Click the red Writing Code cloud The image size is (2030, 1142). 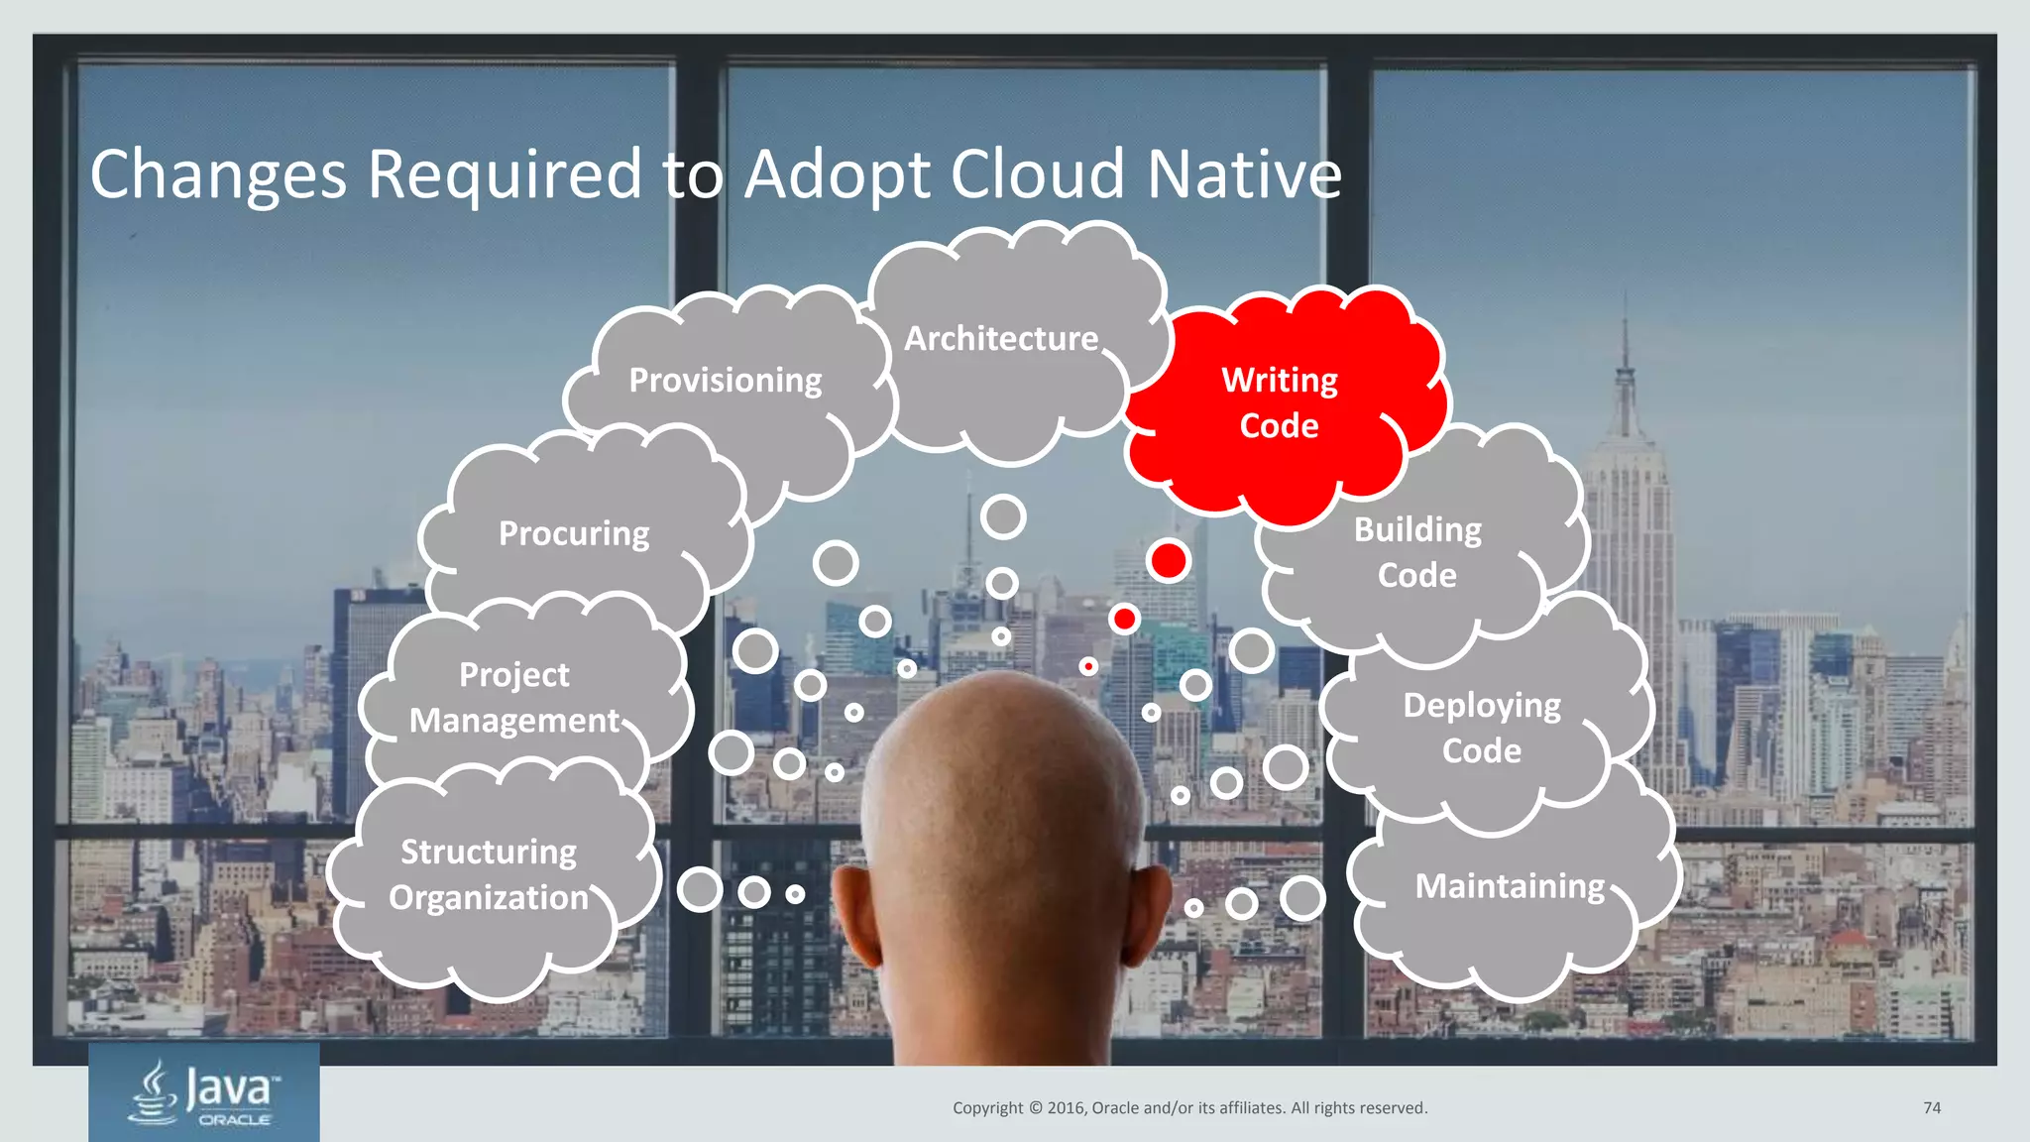(x=1279, y=403)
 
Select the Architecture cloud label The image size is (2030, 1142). (x=1001, y=339)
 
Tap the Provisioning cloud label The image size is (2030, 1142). (x=726, y=381)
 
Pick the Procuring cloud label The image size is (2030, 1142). (x=574, y=534)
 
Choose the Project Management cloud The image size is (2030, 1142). (x=514, y=698)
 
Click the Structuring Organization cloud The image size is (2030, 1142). (x=489, y=875)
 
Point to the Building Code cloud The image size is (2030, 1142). (x=1417, y=552)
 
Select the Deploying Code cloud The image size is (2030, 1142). (x=1482, y=728)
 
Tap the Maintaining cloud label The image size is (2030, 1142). (x=1510, y=886)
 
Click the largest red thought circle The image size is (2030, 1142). (x=1169, y=561)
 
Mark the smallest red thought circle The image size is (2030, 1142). (x=1088, y=666)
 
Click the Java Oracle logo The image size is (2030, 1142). (x=204, y=1092)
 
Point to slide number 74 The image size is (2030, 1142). (x=1932, y=1108)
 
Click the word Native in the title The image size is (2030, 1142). (x=1244, y=175)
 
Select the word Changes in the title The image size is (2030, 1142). (x=218, y=175)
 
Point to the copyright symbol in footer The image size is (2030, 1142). (x=1036, y=1108)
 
